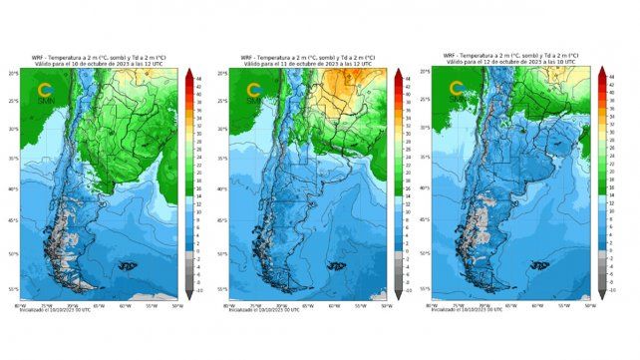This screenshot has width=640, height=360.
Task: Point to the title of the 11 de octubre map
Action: pyautogui.click(x=308, y=60)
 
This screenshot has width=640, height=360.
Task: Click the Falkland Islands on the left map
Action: pyautogui.click(x=127, y=266)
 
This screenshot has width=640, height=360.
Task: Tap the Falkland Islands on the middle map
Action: pyautogui.click(x=328, y=266)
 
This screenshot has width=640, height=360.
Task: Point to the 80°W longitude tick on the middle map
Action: pyautogui.click(x=230, y=305)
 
